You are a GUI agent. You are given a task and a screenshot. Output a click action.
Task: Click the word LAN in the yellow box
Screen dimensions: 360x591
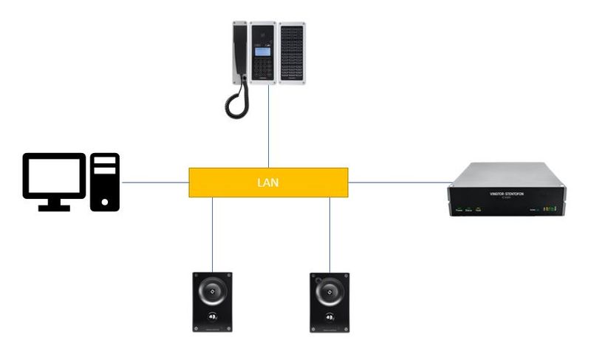pyautogui.click(x=267, y=182)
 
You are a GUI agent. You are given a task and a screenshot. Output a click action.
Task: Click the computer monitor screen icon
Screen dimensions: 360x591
pyautogui.click(x=53, y=176)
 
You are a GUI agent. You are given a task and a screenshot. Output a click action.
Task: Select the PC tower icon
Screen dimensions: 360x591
pyautogui.click(x=104, y=182)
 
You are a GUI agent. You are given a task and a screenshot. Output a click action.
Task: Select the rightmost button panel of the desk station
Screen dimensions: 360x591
pyautogui.click(x=292, y=52)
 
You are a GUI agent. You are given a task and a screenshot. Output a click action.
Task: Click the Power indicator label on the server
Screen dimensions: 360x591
pyautogui.click(x=458, y=211)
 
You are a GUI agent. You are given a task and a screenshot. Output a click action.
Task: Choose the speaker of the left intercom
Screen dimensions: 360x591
pyautogui.click(x=213, y=291)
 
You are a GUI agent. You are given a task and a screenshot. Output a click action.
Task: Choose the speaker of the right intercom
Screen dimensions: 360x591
pyautogui.click(x=330, y=291)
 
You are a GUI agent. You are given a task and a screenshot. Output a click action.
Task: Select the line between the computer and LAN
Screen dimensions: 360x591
pyautogui.click(x=154, y=182)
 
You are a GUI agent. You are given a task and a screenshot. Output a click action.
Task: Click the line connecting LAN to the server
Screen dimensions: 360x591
pyautogui.click(x=399, y=182)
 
